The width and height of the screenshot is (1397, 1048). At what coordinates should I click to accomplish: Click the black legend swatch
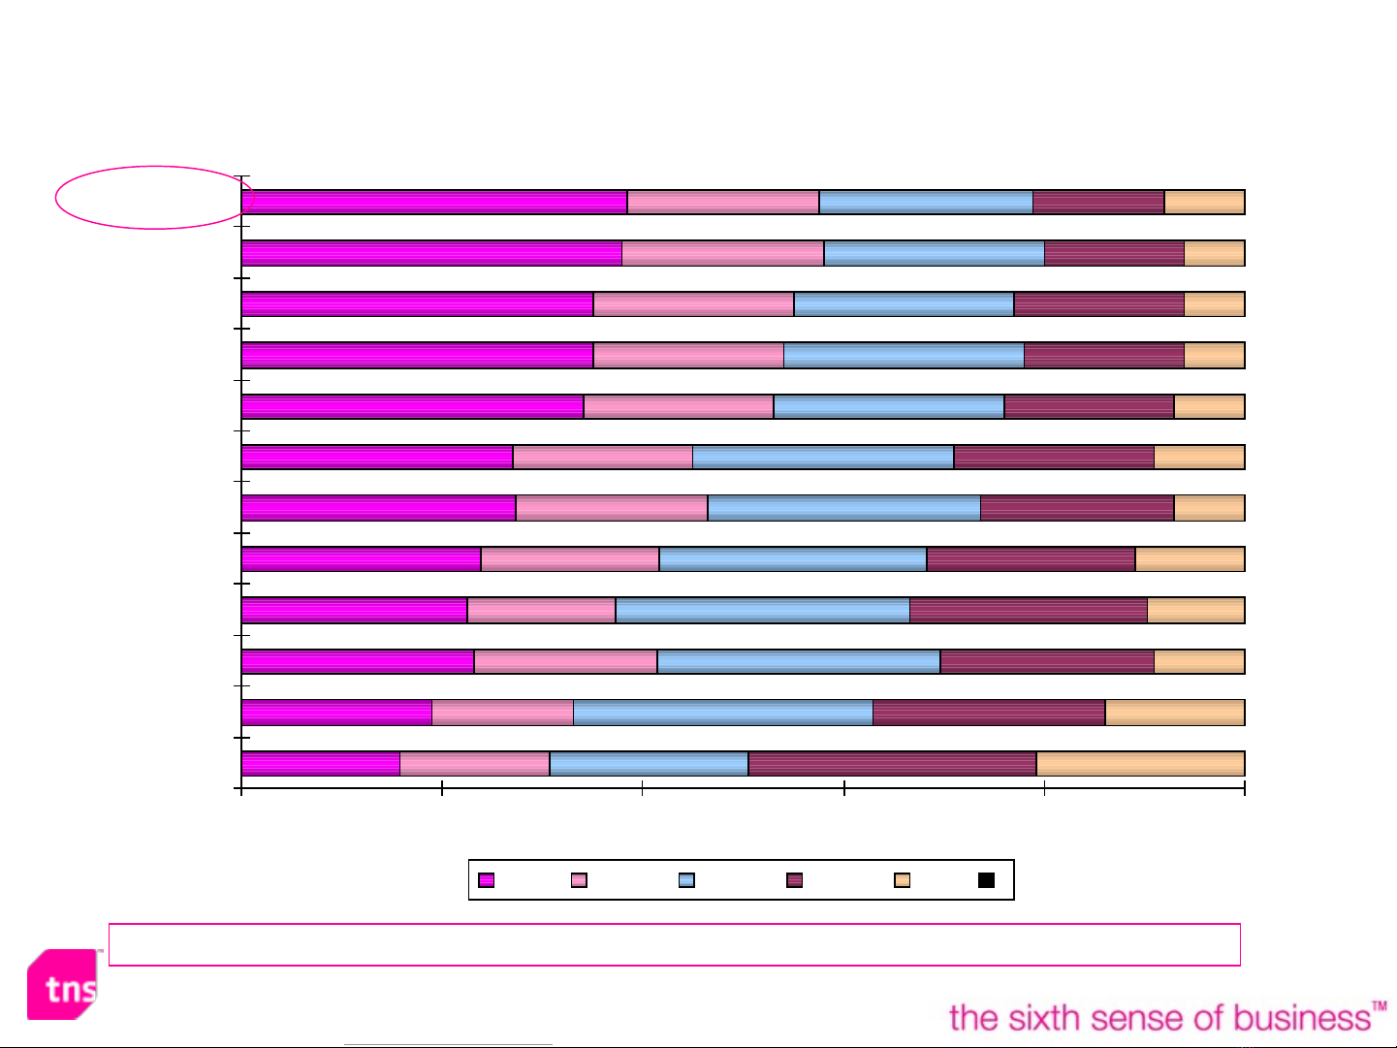[x=986, y=880]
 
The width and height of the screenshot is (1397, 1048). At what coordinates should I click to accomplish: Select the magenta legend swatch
[x=487, y=880]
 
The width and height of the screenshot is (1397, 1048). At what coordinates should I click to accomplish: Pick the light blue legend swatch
[x=686, y=880]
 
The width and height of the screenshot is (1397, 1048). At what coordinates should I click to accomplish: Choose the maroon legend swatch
[x=794, y=880]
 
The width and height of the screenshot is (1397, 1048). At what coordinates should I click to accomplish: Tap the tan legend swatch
[x=902, y=880]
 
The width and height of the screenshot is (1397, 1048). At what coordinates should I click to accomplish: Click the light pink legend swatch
[x=579, y=880]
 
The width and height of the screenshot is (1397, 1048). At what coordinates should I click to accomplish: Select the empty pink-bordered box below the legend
[x=674, y=944]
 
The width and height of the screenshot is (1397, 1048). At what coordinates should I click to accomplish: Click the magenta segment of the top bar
[x=433, y=202]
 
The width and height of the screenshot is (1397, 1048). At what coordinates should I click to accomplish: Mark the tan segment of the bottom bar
[x=1140, y=763]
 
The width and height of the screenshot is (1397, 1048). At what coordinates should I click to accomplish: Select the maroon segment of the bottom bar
[x=892, y=763]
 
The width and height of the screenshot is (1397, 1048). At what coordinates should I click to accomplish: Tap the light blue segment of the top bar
[x=926, y=202]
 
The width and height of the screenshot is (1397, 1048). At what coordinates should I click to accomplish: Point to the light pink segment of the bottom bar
[x=474, y=763]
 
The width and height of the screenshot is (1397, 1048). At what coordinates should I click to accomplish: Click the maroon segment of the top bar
[x=1098, y=202]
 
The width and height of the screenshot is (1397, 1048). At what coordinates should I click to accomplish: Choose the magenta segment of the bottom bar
[x=320, y=763]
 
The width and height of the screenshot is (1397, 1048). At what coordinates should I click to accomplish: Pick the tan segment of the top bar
[x=1204, y=202]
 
